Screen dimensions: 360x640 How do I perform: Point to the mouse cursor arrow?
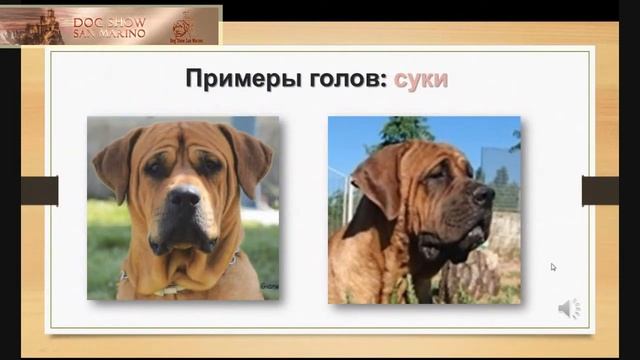(x=553, y=267)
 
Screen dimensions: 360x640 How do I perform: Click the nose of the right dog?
(x=483, y=193)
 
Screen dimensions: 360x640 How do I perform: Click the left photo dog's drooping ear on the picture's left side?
(x=112, y=157)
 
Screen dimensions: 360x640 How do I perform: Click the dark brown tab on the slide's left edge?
(x=39, y=190)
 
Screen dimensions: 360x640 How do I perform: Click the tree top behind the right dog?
(x=406, y=130)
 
